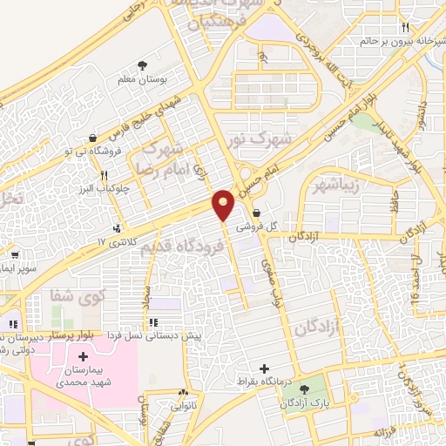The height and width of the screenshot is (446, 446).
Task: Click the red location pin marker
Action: [224, 204]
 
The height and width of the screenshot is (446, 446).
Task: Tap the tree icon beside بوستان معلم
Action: [143, 65]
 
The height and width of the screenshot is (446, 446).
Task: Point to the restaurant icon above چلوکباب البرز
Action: [105, 175]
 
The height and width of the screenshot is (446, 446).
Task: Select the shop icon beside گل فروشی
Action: [255, 212]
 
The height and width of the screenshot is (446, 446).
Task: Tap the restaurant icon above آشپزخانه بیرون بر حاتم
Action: [404, 28]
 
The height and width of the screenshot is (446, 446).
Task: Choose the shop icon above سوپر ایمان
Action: [16, 256]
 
